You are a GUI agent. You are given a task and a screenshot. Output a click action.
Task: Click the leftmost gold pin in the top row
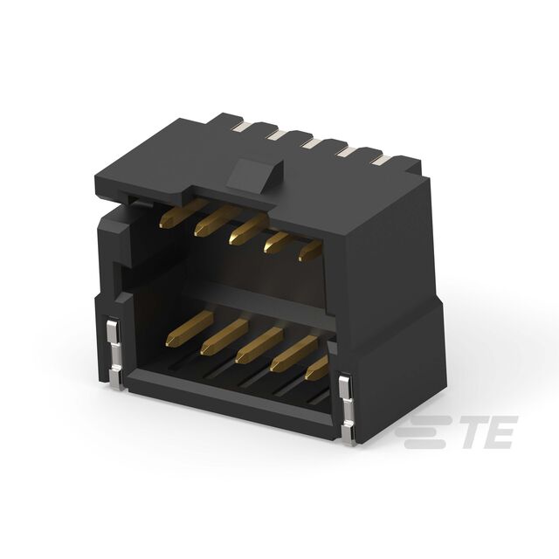click(183, 213)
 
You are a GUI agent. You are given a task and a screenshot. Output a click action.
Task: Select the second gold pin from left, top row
click(217, 221)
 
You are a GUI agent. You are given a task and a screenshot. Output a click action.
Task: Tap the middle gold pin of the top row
click(248, 230)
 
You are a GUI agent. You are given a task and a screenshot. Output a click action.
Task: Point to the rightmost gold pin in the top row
click(310, 251)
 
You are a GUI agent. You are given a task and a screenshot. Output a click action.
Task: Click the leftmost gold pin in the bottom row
click(190, 328)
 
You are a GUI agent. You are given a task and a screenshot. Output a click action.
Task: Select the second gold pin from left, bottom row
click(224, 336)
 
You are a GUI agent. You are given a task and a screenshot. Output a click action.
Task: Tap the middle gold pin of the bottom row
click(259, 345)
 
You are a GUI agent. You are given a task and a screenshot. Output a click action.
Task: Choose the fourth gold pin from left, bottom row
click(293, 353)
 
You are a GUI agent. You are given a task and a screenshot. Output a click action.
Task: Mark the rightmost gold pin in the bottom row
click(316, 367)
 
